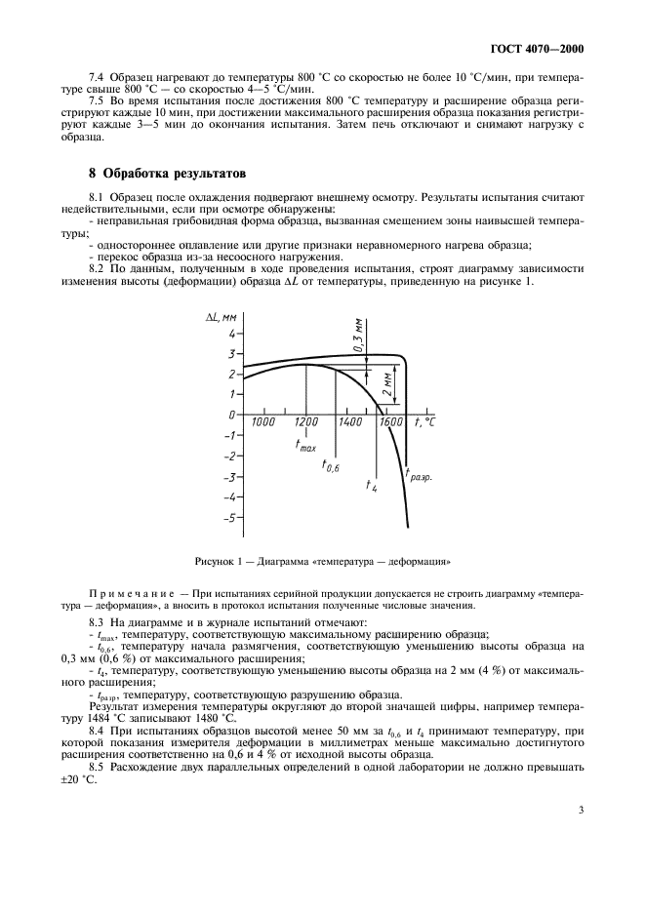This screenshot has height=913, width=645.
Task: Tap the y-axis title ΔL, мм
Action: pyautogui.click(x=222, y=317)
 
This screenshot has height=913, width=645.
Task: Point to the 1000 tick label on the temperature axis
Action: pyautogui.click(x=262, y=422)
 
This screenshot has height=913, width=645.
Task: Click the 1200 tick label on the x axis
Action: pyautogui.click(x=306, y=422)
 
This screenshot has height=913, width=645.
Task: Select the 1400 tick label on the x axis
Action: pyautogui.click(x=351, y=422)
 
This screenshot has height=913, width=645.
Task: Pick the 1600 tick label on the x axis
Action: pyautogui.click(x=392, y=422)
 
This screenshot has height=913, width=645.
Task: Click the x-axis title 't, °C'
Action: pyautogui.click(x=424, y=421)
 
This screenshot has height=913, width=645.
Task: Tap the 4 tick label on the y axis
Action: pyautogui.click(x=232, y=335)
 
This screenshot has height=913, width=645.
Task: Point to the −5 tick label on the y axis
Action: pyautogui.click(x=230, y=518)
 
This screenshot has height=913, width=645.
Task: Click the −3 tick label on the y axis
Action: pyautogui.click(x=230, y=477)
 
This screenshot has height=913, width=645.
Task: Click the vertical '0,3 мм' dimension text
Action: pyautogui.click(x=359, y=335)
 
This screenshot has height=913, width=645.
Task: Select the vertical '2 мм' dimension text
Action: pyautogui.click(x=388, y=380)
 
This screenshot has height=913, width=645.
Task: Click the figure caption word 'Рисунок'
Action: pyautogui.click(x=214, y=561)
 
